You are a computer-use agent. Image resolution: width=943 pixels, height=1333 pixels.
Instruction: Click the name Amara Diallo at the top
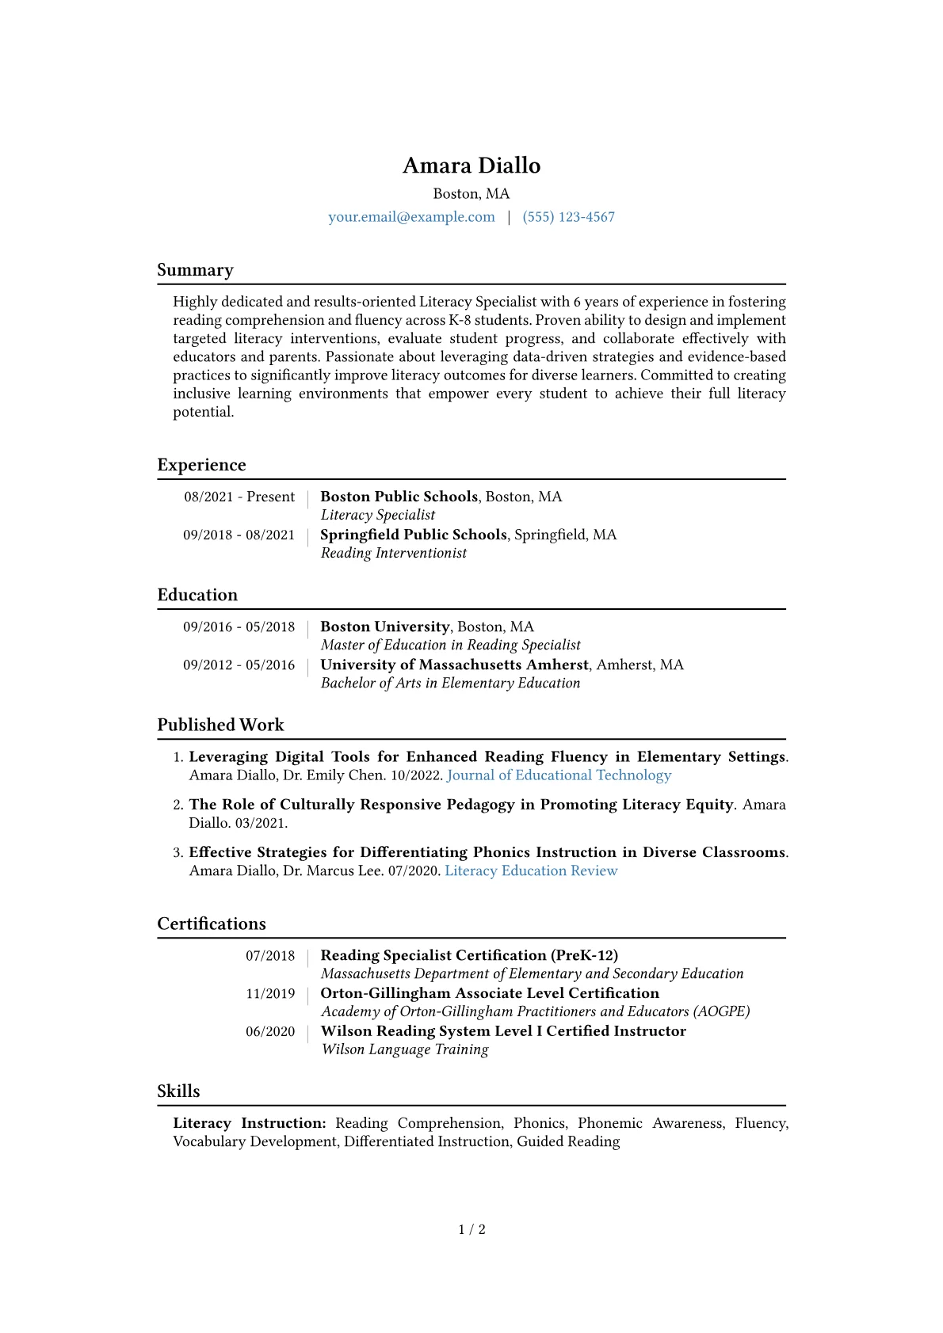(x=471, y=166)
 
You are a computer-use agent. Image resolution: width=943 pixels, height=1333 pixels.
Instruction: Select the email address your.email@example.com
(x=411, y=217)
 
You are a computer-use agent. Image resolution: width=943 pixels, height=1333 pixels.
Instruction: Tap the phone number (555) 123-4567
(x=568, y=217)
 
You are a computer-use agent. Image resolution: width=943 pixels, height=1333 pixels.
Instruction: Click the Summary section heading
(x=195, y=270)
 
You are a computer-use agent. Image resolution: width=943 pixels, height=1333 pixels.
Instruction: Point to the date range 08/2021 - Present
(x=239, y=497)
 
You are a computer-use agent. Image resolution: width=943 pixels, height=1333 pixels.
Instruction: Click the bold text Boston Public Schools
(x=399, y=497)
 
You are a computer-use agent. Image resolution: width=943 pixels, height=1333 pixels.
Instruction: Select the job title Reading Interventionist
(x=393, y=553)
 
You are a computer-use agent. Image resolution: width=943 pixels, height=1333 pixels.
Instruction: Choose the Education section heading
(x=197, y=595)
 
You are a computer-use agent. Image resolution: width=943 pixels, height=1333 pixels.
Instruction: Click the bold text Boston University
(x=384, y=627)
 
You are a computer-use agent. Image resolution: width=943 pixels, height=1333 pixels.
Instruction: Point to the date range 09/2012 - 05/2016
(x=239, y=665)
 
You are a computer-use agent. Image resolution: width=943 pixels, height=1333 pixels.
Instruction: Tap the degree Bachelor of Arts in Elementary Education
(x=450, y=683)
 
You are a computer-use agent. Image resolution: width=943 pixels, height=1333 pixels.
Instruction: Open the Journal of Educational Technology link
(x=559, y=775)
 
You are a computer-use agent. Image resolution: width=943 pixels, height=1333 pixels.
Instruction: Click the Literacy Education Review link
(x=531, y=871)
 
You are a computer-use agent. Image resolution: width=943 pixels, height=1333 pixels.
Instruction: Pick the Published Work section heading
(x=220, y=725)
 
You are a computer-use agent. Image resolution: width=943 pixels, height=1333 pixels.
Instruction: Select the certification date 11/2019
(x=270, y=994)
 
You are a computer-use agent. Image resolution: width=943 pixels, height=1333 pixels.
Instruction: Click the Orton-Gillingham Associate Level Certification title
(x=490, y=993)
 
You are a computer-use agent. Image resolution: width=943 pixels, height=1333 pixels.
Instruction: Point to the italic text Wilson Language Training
(x=404, y=1049)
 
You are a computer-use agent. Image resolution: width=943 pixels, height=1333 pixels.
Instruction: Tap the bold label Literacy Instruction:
(x=250, y=1123)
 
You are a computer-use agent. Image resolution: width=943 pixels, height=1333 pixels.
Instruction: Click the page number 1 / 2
(x=471, y=1229)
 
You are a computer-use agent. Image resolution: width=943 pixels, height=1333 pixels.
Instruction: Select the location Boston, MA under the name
(x=471, y=194)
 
